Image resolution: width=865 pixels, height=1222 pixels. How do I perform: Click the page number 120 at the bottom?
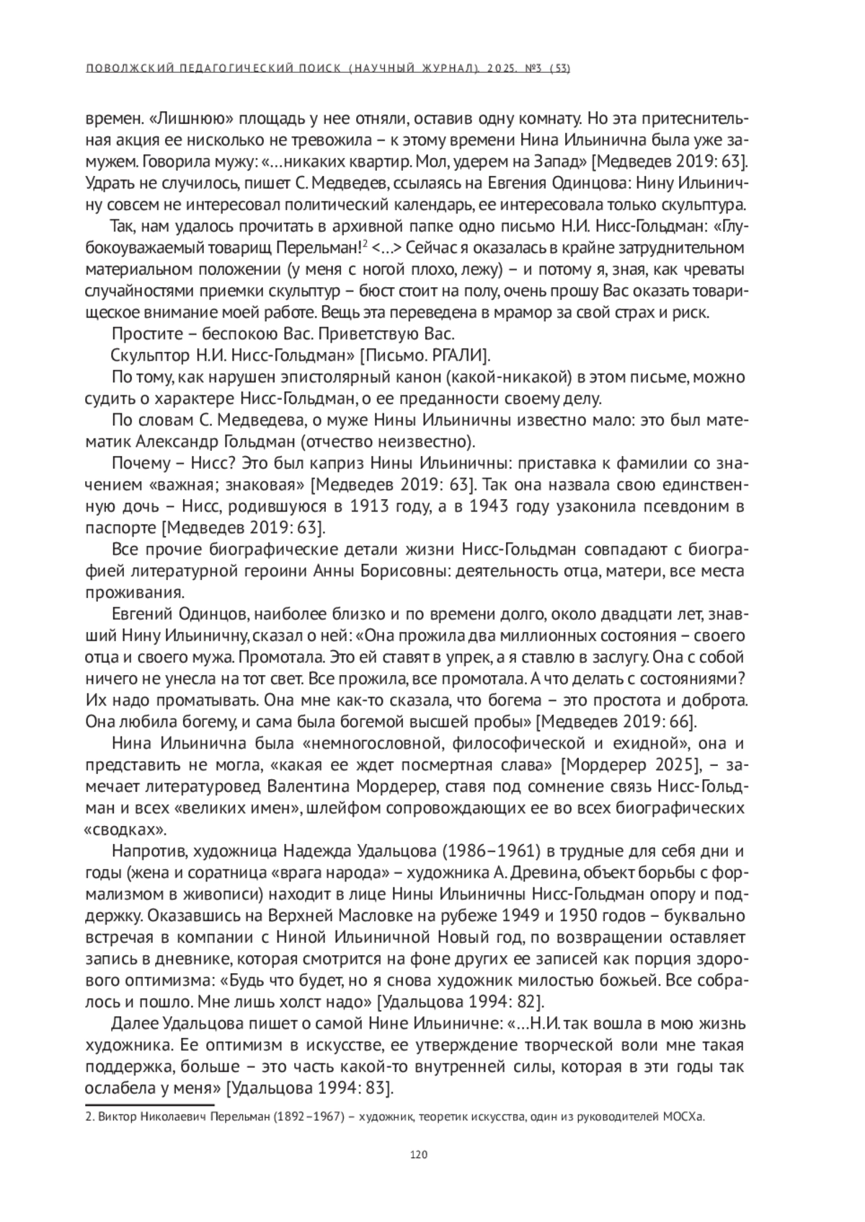point(419,1154)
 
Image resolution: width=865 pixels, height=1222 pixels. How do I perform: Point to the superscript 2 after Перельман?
point(366,245)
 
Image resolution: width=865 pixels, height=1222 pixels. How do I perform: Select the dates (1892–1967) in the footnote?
point(303,1118)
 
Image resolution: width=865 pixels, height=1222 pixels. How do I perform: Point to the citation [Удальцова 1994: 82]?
point(461,1002)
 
